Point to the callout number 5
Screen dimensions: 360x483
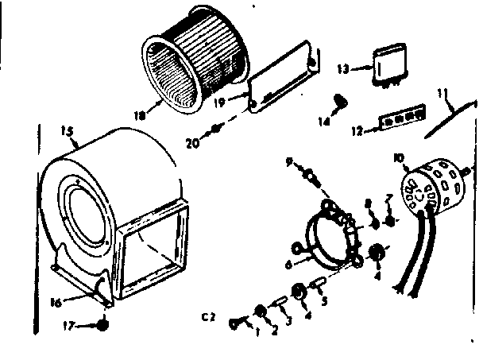323,300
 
